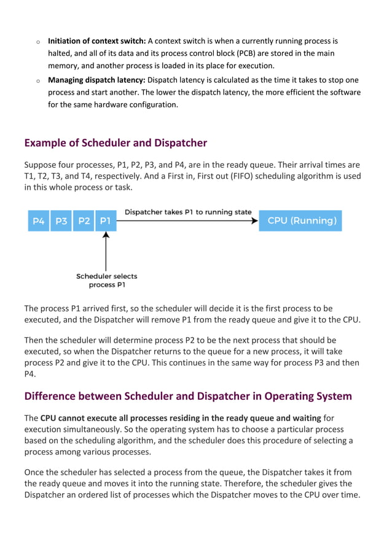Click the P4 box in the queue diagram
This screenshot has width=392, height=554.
point(39,221)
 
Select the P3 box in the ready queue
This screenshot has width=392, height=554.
point(61,221)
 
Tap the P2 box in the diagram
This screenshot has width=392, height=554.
point(84,221)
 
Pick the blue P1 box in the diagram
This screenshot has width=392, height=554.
point(105,221)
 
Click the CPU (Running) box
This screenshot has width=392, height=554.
point(302,221)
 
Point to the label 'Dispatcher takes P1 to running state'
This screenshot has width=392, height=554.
point(188,212)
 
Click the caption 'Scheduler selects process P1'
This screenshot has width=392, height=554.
point(106,281)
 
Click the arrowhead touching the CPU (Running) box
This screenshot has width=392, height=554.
point(254,221)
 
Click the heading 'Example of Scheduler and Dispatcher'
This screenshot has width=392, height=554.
point(116,143)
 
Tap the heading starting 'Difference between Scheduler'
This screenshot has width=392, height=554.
point(188,396)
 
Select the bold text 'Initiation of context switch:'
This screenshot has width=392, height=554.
point(96,41)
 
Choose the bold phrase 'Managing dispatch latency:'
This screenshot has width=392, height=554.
point(96,80)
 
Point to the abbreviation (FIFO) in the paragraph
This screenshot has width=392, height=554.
point(249,176)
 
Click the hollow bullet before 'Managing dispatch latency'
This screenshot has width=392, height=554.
point(37,80)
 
